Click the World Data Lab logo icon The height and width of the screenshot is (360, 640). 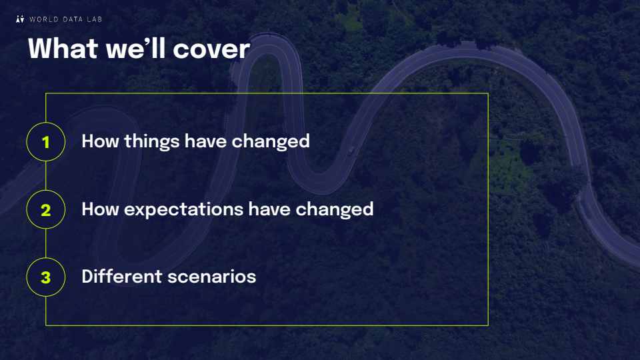[20, 19]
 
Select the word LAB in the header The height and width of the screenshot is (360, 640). [94, 19]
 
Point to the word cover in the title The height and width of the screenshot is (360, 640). [211, 49]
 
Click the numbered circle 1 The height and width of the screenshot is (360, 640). [46, 141]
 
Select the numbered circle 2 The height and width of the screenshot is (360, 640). [46, 209]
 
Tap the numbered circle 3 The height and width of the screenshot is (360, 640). [46, 277]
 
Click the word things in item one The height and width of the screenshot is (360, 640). [152, 142]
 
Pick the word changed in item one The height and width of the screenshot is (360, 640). [271, 141]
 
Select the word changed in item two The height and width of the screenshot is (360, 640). [334, 209]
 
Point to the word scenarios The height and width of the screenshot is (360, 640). [212, 277]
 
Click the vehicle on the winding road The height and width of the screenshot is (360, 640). [351, 151]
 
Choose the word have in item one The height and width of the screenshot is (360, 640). [206, 141]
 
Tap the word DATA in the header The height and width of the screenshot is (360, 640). [73, 19]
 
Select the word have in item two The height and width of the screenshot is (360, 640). [269, 209]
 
